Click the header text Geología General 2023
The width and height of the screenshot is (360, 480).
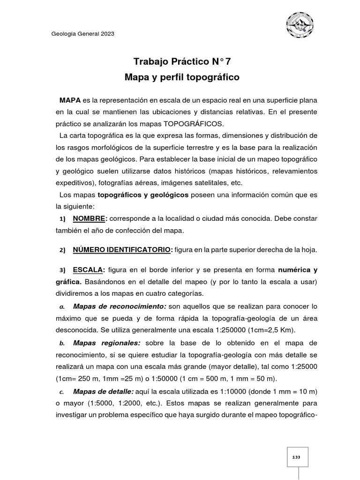tap(82, 34)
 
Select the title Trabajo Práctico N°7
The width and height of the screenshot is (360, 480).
tap(182, 61)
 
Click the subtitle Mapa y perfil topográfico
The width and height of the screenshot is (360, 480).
tap(182, 77)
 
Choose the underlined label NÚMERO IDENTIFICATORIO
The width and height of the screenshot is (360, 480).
tap(122, 250)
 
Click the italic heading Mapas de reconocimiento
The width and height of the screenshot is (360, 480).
tap(120, 306)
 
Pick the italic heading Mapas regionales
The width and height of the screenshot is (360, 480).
tap(107, 343)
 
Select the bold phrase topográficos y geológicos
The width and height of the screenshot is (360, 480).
tap(143, 195)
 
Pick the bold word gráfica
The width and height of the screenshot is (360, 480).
tap(68, 282)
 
